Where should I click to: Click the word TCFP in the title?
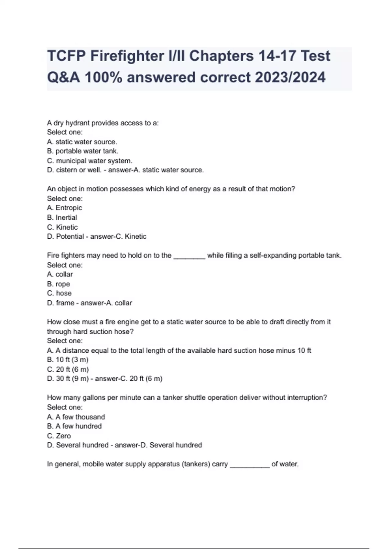point(66,56)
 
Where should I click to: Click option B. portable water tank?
point(83,151)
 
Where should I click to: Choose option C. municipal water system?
point(90,161)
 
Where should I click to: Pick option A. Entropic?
point(65,208)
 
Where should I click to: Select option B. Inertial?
point(62,217)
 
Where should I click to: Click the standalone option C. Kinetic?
point(62,227)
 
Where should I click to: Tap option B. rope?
point(59,284)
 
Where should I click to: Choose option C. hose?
point(59,293)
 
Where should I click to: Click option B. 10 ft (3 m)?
point(68,360)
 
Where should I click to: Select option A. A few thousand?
point(76,417)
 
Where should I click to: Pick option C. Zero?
point(59,436)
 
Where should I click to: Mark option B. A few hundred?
point(74,426)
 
